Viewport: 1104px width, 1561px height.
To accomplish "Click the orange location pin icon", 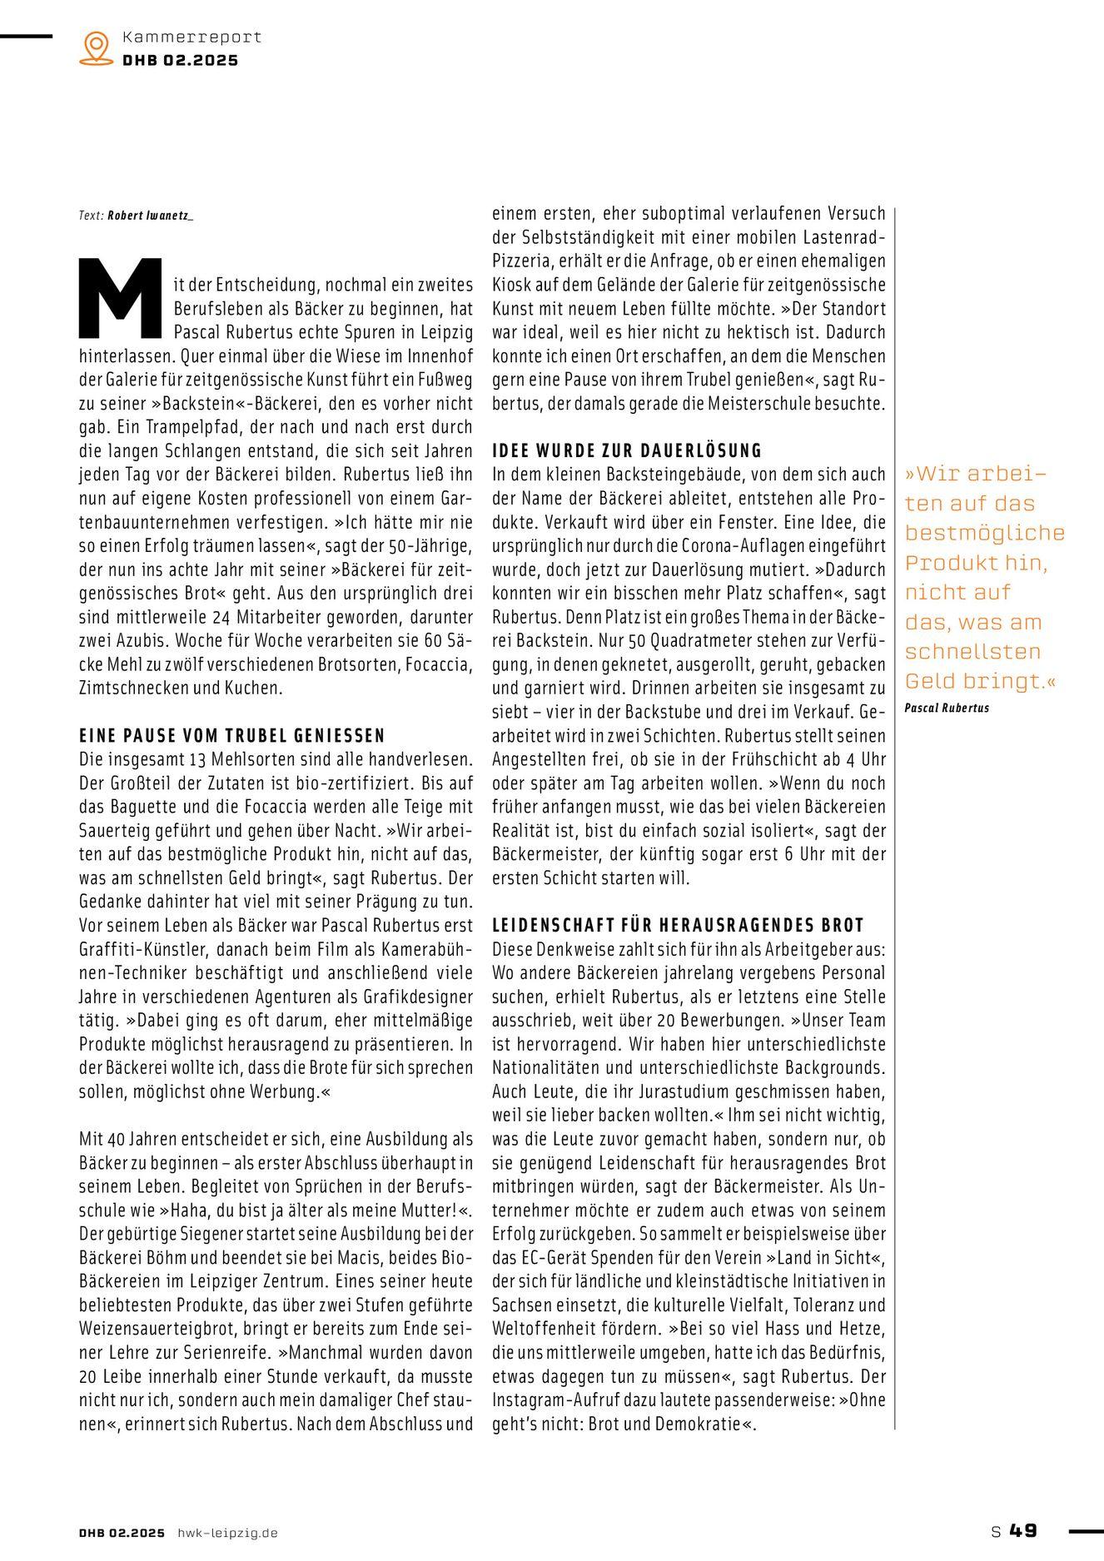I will click(x=97, y=47).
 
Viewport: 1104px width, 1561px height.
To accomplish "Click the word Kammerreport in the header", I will click(x=191, y=37).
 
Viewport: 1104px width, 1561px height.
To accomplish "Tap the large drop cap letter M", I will click(x=121, y=298).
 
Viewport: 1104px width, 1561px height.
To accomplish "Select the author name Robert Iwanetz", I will click(x=150, y=216).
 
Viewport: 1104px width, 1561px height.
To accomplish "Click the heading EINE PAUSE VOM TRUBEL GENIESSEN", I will click(x=232, y=736).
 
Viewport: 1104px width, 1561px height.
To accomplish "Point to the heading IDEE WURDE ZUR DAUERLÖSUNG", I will click(x=627, y=451).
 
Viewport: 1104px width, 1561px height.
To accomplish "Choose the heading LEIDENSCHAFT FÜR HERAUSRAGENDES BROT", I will click(x=678, y=926).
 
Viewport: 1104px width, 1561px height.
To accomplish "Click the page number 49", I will click(x=1023, y=1530).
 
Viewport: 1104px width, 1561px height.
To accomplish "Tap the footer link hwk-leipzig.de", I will click(x=227, y=1533).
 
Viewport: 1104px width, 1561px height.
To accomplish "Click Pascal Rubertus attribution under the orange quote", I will click(x=947, y=708).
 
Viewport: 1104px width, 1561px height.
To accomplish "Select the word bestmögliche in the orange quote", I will click(x=985, y=533).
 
